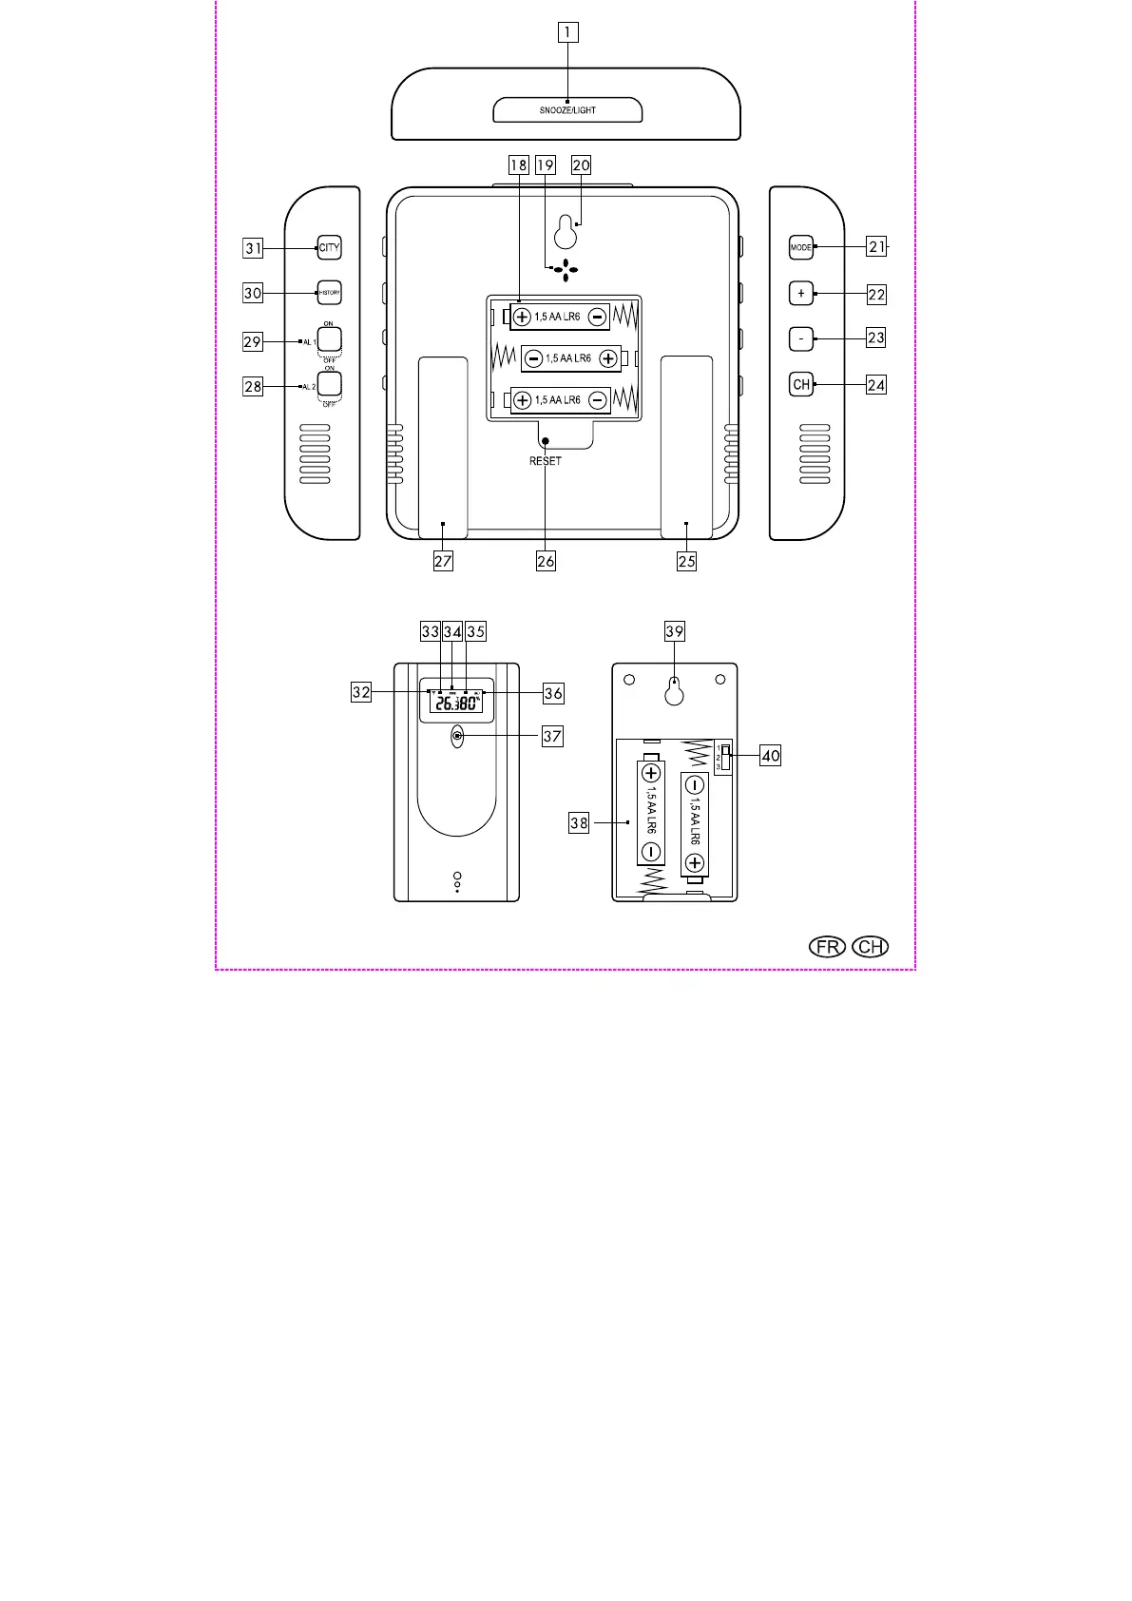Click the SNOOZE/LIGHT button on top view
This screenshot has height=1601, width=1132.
[x=567, y=110]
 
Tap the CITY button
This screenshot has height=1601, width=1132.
[x=329, y=248]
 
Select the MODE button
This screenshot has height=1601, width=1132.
[x=801, y=247]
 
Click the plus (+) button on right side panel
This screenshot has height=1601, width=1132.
[x=801, y=294]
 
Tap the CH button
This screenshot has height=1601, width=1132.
[x=801, y=385]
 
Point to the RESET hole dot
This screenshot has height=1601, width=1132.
[x=546, y=440]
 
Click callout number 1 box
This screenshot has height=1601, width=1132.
[x=567, y=32]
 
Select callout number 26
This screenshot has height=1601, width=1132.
[x=546, y=561]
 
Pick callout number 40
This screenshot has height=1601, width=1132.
[x=770, y=757]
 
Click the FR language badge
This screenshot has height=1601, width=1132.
[x=828, y=947]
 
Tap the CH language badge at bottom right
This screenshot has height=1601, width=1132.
[x=871, y=947]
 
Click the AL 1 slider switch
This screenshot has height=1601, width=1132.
[x=329, y=340]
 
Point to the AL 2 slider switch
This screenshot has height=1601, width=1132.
[x=329, y=384]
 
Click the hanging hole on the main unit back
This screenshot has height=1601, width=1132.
[x=566, y=230]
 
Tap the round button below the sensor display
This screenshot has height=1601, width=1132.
[x=457, y=736]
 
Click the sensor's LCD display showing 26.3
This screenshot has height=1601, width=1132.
[x=456, y=702]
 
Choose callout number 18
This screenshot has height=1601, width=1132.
[x=518, y=165]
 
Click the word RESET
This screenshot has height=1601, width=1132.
[x=546, y=461]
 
